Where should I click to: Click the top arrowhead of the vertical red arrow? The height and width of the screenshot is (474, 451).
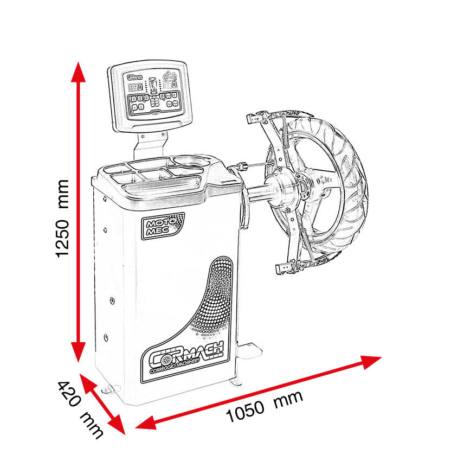79,71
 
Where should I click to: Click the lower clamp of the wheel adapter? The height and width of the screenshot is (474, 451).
286,268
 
